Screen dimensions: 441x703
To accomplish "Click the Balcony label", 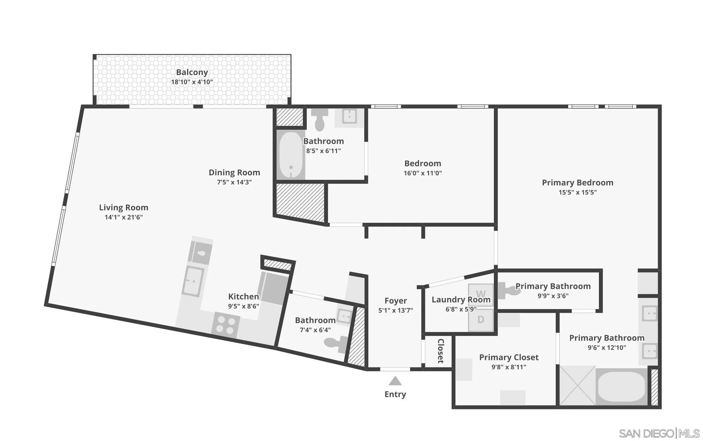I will [x=192, y=72].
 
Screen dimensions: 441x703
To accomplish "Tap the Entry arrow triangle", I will [x=395, y=381].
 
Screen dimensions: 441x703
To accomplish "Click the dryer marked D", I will [x=481, y=320].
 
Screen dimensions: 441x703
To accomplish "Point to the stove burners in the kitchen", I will [x=225, y=324].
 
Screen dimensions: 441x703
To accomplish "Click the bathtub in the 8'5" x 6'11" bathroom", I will [x=291, y=155].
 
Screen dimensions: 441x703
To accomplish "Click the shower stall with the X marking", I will [x=577, y=386].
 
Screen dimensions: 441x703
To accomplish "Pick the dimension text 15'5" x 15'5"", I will [x=577, y=192].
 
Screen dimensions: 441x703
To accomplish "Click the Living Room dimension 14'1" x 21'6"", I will [x=124, y=217].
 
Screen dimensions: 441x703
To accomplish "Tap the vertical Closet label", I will [x=440, y=351].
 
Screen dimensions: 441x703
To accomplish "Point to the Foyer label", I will [x=395, y=300].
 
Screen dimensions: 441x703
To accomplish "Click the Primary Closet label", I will [x=508, y=357].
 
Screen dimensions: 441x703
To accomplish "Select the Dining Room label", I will [x=234, y=172].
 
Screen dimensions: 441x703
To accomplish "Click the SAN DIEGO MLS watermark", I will [x=659, y=433].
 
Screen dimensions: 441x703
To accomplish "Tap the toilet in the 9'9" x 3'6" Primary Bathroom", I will [x=509, y=290].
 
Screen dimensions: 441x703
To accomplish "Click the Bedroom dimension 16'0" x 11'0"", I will [x=422, y=173].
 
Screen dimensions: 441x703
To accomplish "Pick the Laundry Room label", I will [x=461, y=299].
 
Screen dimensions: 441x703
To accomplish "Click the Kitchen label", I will [x=243, y=296].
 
